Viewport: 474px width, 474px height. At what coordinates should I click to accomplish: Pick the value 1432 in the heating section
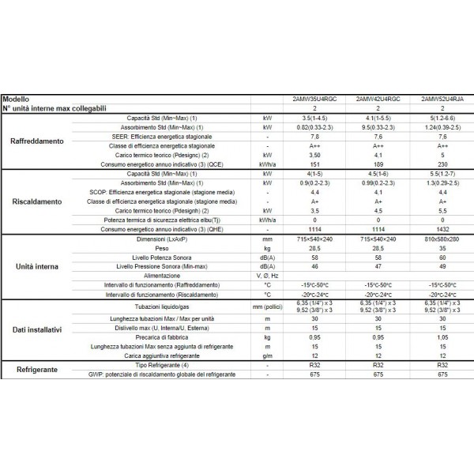[433, 228]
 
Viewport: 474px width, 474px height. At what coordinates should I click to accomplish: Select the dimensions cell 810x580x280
[433, 238]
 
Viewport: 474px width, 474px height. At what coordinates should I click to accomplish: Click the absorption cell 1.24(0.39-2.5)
[433, 125]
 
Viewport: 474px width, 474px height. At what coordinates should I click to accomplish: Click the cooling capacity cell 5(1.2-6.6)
[433, 116]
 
